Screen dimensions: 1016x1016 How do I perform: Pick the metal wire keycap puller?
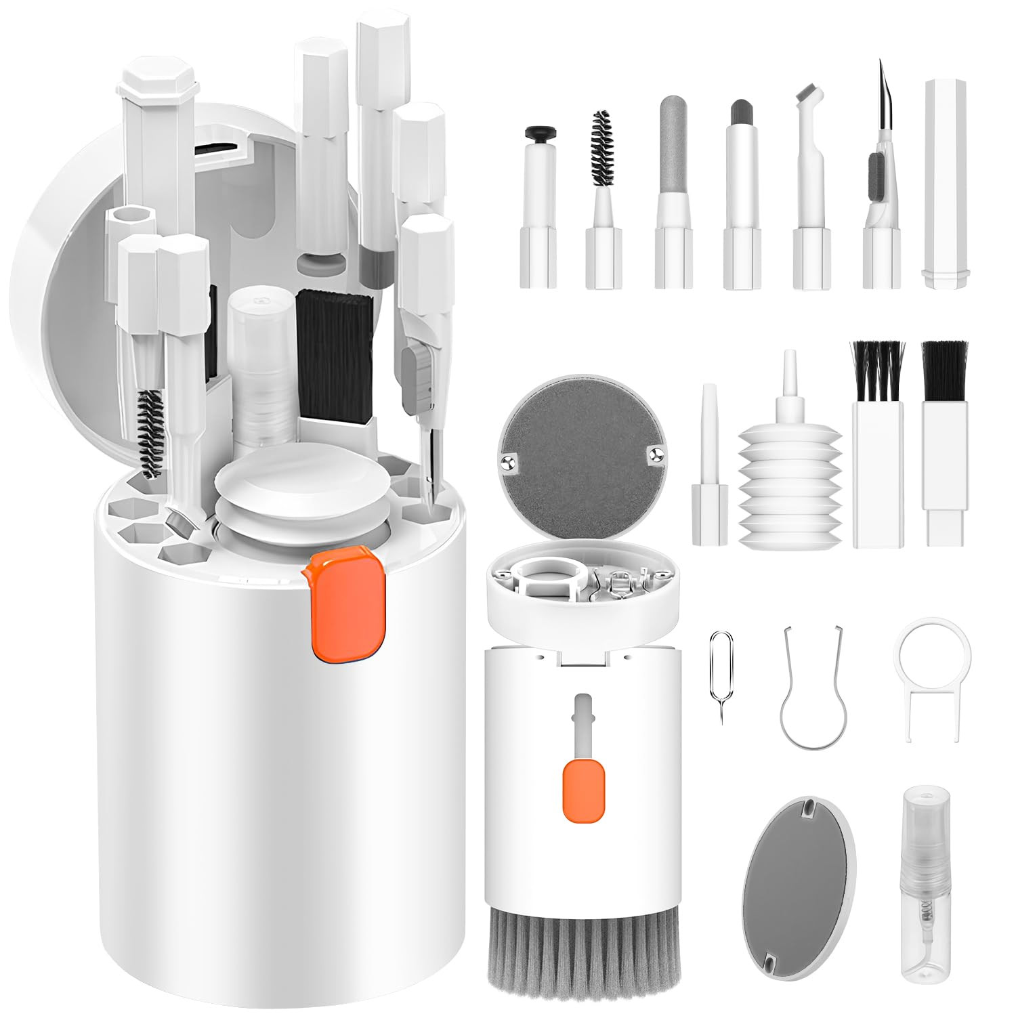813,691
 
